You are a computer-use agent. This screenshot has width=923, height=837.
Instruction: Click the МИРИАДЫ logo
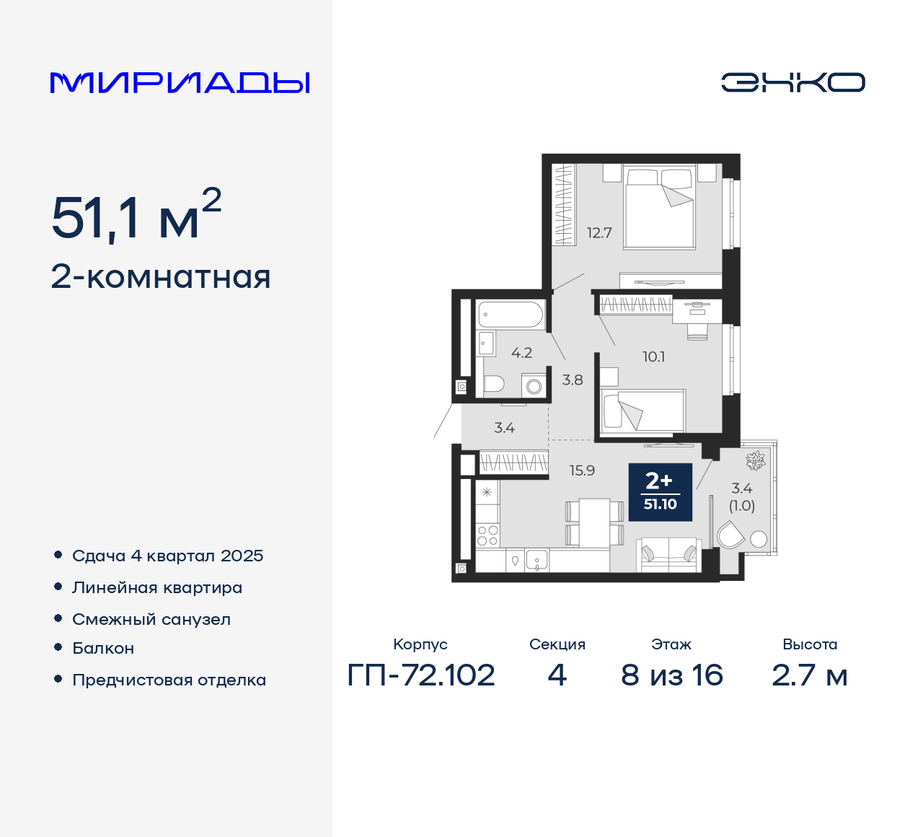pyautogui.click(x=180, y=83)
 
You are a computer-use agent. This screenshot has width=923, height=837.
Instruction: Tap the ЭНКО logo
pyautogui.click(x=792, y=82)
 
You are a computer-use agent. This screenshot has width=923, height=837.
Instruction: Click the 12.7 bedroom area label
pyautogui.click(x=599, y=233)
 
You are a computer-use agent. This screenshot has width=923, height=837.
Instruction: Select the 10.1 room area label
pyautogui.click(x=653, y=356)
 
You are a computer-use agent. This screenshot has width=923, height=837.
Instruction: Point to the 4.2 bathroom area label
pyautogui.click(x=521, y=353)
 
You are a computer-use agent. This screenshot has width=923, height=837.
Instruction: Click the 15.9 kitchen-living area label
pyautogui.click(x=582, y=470)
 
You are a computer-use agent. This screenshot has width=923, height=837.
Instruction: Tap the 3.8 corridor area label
pyautogui.click(x=573, y=380)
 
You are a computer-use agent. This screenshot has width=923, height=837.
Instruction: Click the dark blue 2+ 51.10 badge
pyautogui.click(x=660, y=491)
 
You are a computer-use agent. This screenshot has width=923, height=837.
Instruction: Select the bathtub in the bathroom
pyautogui.click(x=510, y=315)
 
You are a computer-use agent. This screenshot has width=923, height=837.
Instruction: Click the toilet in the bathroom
pyautogui.click(x=494, y=383)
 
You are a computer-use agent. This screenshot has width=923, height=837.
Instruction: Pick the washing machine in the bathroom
pyautogui.click(x=534, y=386)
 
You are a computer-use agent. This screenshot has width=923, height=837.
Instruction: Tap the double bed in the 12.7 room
pyautogui.click(x=659, y=209)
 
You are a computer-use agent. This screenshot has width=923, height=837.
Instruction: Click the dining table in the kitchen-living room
pyautogui.click(x=595, y=522)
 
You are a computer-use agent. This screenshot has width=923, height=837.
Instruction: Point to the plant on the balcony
pyautogui.click(x=756, y=460)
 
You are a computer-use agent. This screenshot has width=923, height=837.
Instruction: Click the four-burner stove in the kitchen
pyautogui.click(x=487, y=535)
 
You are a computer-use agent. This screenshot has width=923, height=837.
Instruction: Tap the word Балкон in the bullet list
pyautogui.click(x=103, y=648)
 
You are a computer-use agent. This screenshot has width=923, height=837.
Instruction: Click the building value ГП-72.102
pyautogui.click(x=421, y=675)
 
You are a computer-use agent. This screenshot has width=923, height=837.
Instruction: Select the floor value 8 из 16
pyautogui.click(x=671, y=675)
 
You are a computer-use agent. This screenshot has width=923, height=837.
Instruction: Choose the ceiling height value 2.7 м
pyautogui.click(x=809, y=675)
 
